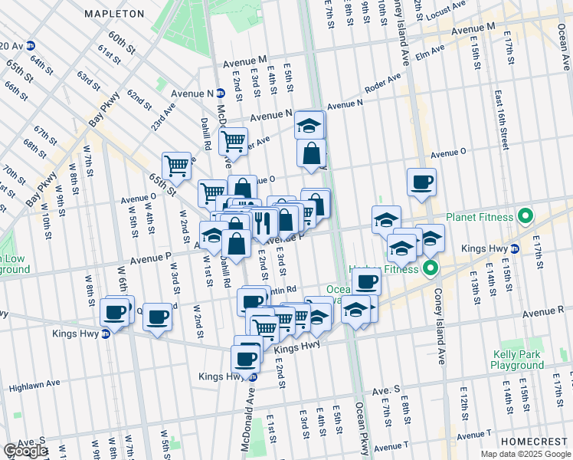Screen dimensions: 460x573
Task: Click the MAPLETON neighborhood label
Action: (114, 14)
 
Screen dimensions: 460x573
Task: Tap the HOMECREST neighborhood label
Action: (533, 443)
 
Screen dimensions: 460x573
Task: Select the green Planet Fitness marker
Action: (526, 217)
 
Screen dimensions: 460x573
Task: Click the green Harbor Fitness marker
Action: (431, 269)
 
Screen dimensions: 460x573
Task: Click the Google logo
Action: (25, 451)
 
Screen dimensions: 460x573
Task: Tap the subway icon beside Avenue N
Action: (220, 94)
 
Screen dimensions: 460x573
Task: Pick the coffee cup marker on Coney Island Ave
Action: (421, 182)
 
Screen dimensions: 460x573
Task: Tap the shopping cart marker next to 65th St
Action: (176, 165)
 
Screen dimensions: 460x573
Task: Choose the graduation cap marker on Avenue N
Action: (309, 125)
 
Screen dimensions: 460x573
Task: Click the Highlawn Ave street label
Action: (34, 383)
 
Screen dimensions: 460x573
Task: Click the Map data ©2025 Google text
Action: (525, 454)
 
